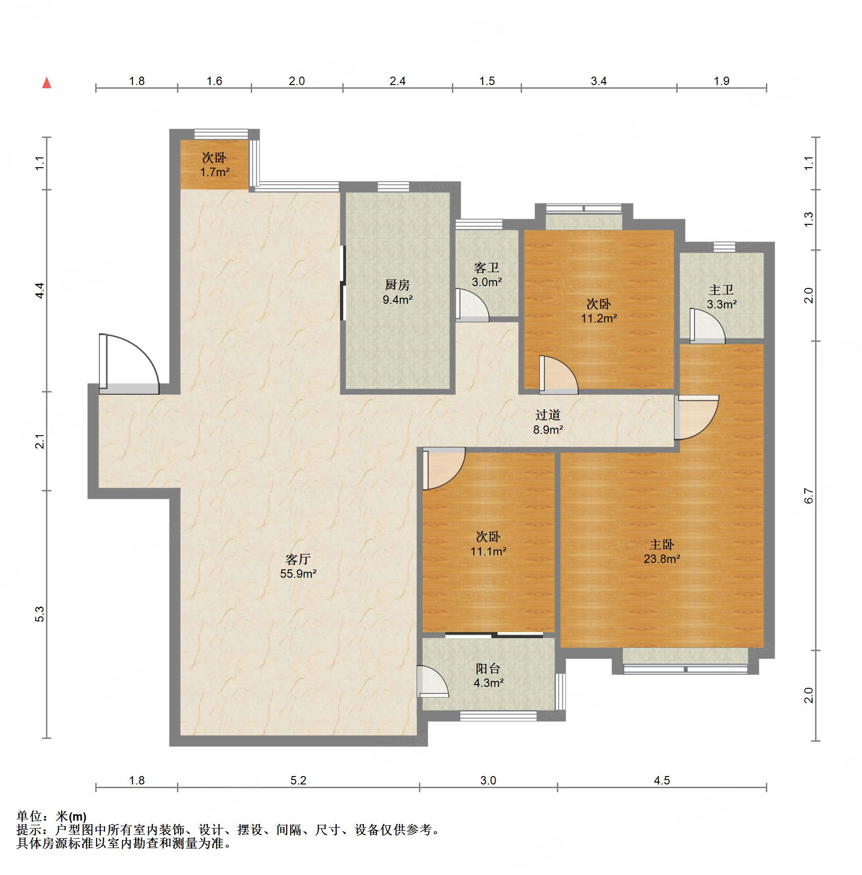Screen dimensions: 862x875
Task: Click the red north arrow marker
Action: click(46, 83)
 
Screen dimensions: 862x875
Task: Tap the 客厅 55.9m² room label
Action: click(298, 566)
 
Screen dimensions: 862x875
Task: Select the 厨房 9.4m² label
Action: click(398, 292)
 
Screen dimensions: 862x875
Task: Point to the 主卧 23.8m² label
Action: click(662, 551)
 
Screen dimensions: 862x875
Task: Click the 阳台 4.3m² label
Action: click(488, 676)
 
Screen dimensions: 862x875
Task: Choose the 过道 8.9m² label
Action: click(548, 422)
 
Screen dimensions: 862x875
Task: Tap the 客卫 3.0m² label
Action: click(487, 274)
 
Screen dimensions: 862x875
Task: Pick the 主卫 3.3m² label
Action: click(722, 297)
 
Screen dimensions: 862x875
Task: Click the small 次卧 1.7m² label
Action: click(215, 165)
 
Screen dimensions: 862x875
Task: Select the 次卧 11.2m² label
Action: click(599, 311)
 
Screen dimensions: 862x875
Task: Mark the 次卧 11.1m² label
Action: click(488, 544)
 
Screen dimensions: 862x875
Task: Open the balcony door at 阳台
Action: click(432, 681)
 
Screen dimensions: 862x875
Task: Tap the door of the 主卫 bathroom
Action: click(707, 326)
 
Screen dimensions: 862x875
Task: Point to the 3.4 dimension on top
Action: click(599, 81)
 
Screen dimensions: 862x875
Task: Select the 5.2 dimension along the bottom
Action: click(299, 781)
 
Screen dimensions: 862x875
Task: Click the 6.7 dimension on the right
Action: click(809, 496)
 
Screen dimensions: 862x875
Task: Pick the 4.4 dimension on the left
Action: click(40, 290)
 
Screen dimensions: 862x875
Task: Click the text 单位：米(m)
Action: click(52, 816)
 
